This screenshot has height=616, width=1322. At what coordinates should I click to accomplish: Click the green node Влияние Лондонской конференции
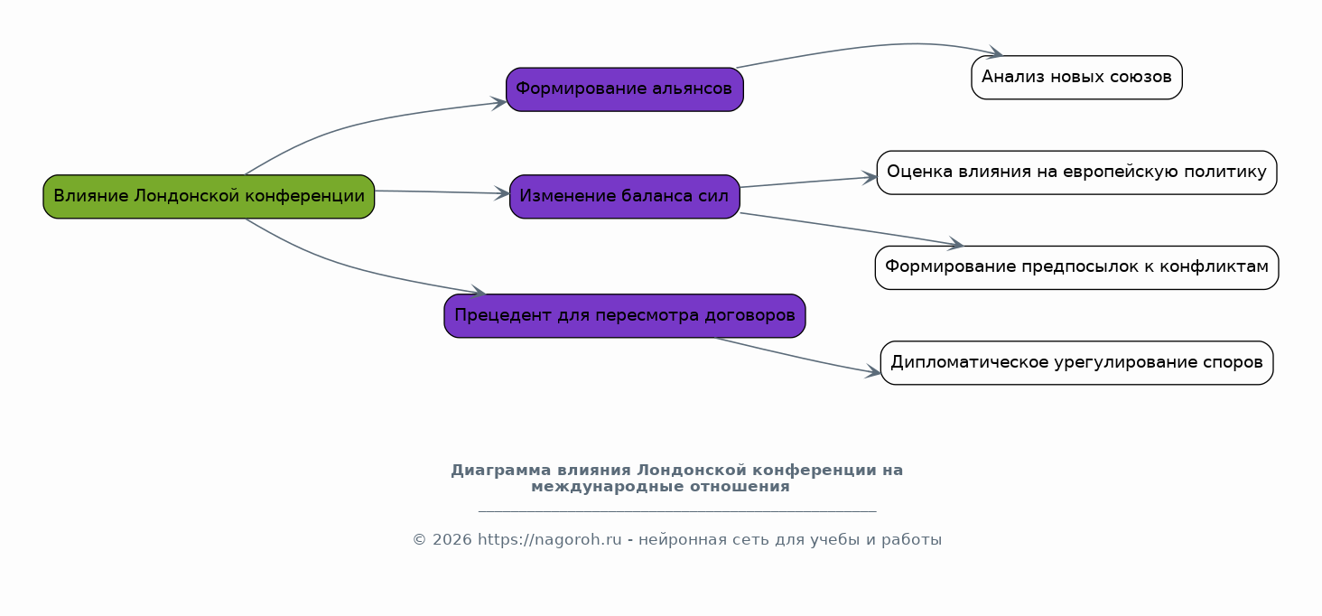pos(209,197)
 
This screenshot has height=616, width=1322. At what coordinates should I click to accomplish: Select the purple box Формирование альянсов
pos(624,89)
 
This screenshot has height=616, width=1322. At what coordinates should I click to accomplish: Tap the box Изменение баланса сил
pos(624,197)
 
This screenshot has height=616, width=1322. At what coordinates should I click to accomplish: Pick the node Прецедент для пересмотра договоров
pos(624,316)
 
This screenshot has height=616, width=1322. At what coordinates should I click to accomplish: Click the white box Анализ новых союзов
pos(1076,78)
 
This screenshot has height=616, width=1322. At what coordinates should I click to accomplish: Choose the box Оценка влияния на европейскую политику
pos(1076,173)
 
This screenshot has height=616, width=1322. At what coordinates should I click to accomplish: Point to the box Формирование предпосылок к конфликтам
pos(1076,267)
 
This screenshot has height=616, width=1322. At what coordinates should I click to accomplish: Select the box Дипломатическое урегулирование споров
pos(1076,362)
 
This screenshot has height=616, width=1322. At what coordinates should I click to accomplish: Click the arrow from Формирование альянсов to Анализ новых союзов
pos(873,45)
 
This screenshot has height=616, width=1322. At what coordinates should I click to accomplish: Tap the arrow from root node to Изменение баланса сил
pos(442,192)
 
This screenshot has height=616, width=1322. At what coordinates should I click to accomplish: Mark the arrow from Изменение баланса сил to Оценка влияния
pos(808,182)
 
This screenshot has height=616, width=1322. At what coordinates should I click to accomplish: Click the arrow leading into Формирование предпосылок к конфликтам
pos(852,229)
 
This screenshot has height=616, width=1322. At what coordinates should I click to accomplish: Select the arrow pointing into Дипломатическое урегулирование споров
pos(796,357)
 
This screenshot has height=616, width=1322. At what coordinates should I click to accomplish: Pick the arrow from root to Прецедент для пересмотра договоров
pos(354,267)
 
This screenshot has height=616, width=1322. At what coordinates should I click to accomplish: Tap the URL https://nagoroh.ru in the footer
pos(549,540)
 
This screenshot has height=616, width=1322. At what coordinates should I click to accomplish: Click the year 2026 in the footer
pos(452,540)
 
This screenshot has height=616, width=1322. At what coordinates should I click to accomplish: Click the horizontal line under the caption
pos(677,511)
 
